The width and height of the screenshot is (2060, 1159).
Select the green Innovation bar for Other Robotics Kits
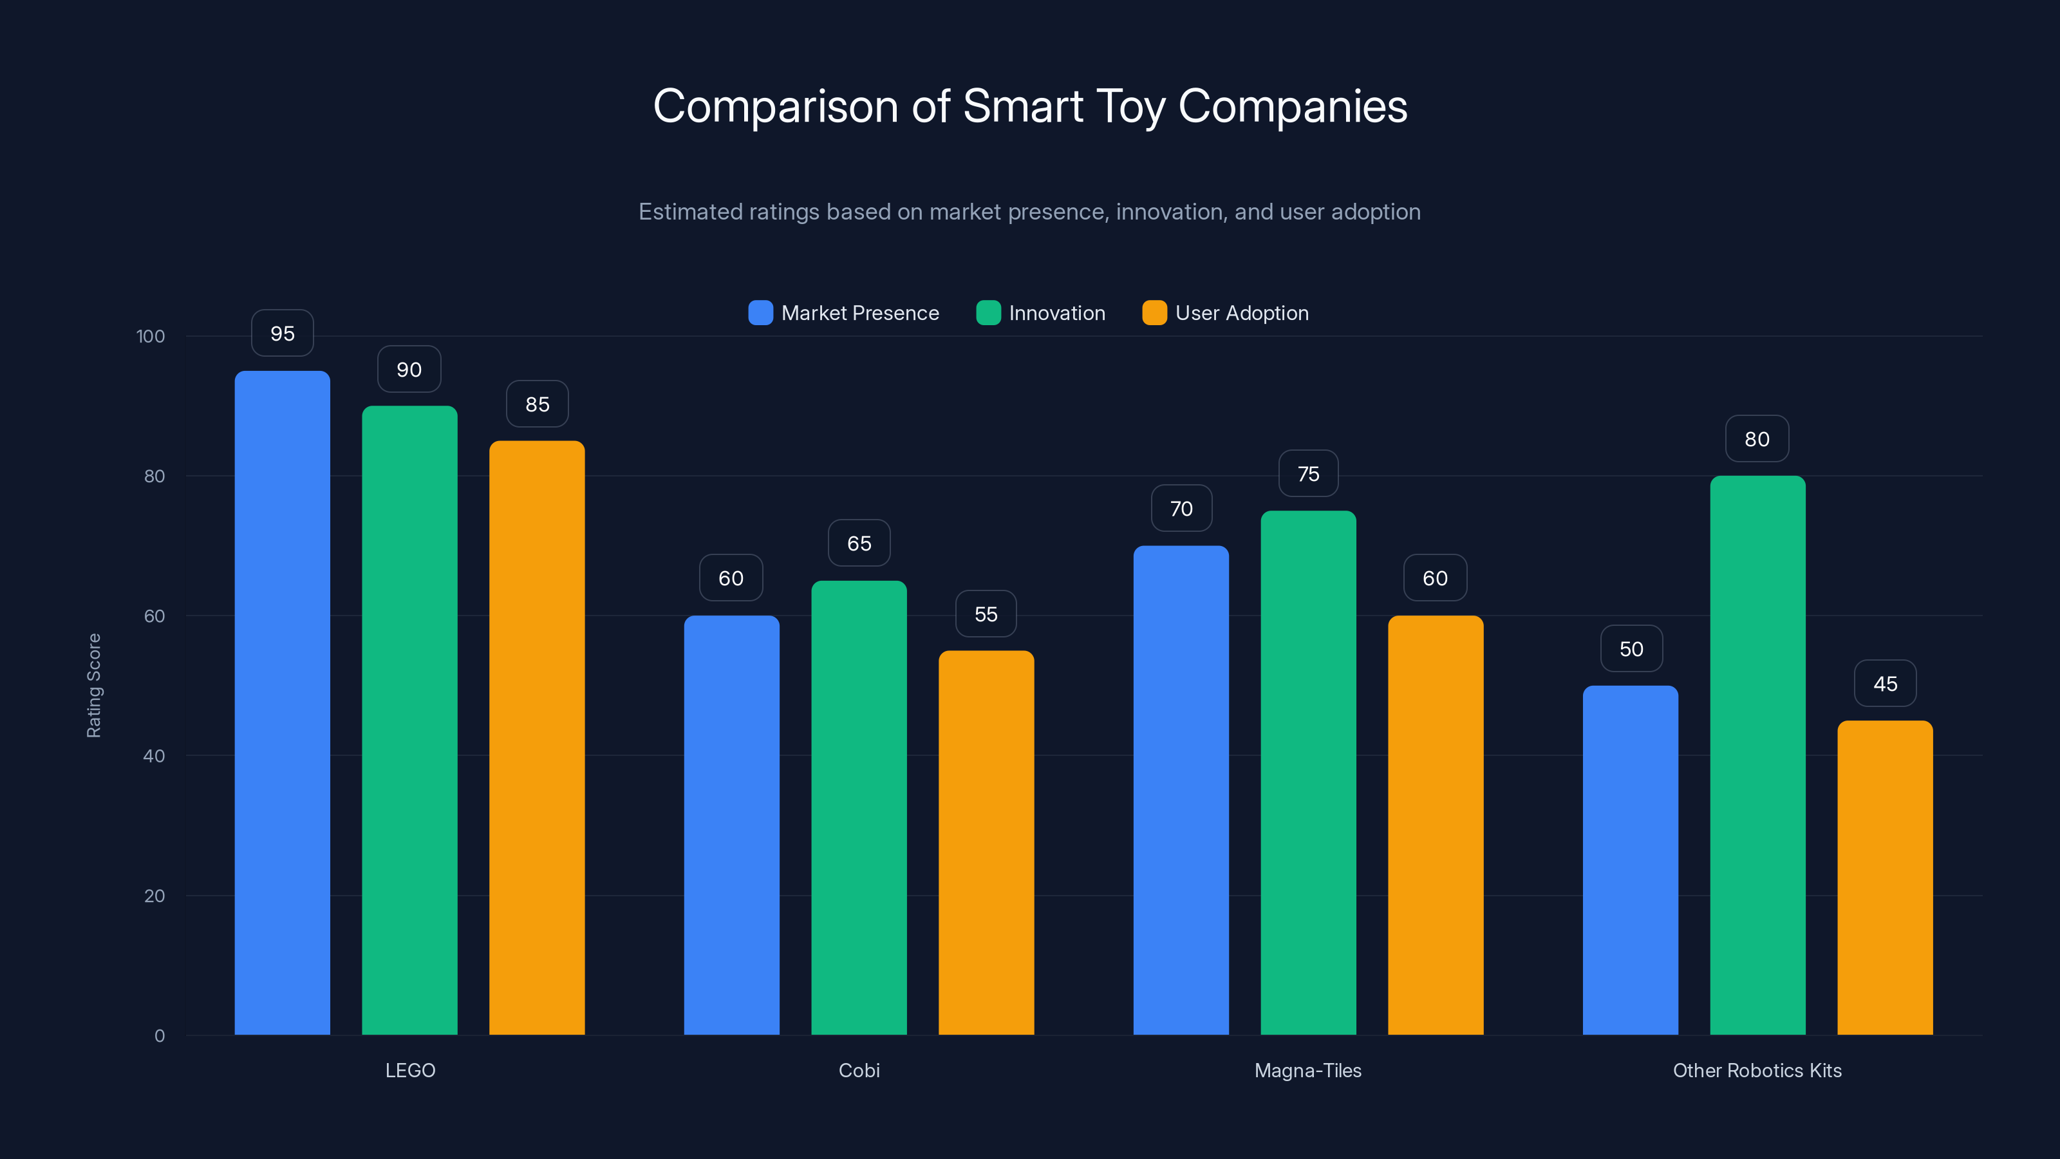pos(1757,755)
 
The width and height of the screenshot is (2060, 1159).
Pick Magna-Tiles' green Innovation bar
pos(1307,773)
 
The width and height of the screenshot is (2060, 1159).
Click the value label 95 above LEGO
pos(283,334)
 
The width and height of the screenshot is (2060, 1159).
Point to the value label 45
pos(1885,684)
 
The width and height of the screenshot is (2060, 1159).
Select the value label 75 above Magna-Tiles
pos(1307,475)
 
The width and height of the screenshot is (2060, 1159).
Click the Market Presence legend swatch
pos(760,313)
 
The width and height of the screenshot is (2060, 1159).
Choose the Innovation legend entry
pos(1056,313)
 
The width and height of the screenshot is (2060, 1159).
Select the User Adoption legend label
pos(1241,313)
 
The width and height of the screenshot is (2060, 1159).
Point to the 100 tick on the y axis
pos(151,337)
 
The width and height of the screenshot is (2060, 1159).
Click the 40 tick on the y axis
pos(154,756)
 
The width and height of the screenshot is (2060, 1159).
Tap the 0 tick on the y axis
pos(159,1036)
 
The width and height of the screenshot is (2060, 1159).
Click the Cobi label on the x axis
pos(859,1070)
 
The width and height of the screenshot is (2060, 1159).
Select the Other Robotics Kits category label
pos(1757,1070)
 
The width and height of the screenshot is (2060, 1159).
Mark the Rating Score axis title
pos(93,686)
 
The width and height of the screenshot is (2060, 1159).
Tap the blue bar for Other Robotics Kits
pos(1630,860)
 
